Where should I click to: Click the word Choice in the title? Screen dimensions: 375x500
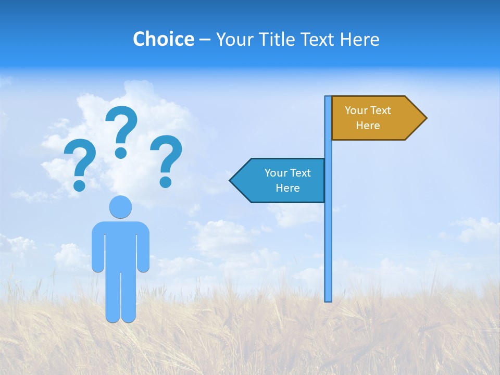163,40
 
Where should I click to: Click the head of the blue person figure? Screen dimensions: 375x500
120,207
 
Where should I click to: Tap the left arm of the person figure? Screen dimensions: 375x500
97,247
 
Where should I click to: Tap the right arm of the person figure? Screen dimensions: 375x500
143,247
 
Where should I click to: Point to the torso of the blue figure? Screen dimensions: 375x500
120,245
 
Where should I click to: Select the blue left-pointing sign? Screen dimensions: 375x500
281,180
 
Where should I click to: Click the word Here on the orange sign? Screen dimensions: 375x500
368,126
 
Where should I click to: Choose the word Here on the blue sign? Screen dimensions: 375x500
287,188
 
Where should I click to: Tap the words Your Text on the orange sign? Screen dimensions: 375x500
368,110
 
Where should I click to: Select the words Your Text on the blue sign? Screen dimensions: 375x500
287,173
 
